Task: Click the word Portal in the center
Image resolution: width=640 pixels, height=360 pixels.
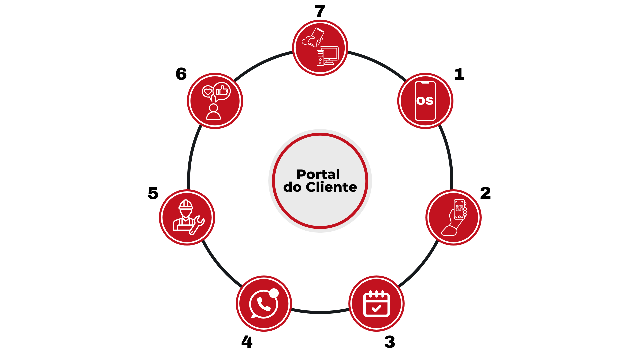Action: [318, 174]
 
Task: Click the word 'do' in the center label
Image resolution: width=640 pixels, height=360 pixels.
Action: [292, 187]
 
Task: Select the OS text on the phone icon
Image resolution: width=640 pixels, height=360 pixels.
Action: [425, 101]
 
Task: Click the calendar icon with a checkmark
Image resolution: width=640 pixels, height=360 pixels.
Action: [376, 304]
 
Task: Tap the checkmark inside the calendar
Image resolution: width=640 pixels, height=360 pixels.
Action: [376, 308]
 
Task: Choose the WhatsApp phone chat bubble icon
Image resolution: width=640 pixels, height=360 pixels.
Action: [263, 304]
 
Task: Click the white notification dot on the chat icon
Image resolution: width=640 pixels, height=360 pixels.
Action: [274, 293]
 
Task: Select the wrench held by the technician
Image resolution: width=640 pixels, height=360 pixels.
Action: [197, 225]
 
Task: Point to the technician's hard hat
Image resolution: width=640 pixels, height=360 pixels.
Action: [186, 204]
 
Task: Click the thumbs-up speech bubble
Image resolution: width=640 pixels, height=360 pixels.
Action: [222, 91]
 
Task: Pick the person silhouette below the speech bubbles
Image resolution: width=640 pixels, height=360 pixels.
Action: [213, 112]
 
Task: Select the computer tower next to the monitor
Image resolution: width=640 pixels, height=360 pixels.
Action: [320, 58]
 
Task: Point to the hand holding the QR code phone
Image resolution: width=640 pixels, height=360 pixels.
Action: [452, 225]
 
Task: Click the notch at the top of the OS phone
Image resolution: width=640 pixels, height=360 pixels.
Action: [425, 83]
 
